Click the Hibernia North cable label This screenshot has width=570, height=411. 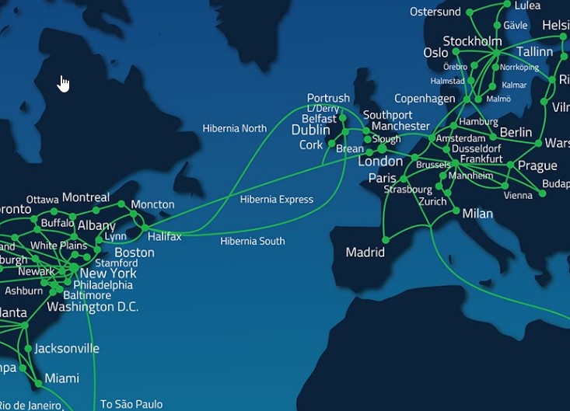(234, 129)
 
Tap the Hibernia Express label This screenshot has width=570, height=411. (276, 200)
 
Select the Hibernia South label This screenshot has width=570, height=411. (252, 242)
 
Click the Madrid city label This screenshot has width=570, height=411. (365, 253)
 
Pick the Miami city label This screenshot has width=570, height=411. (61, 378)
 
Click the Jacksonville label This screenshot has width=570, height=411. (67, 349)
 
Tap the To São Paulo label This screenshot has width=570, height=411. (131, 404)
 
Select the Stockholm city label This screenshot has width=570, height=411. (472, 41)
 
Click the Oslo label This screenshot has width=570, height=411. (435, 53)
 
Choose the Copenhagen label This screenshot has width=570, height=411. (425, 99)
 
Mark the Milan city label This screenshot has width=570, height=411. (477, 214)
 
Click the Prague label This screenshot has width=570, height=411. (537, 165)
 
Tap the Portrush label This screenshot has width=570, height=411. (328, 98)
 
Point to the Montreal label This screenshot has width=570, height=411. (86, 197)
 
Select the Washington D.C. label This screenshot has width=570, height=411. (92, 307)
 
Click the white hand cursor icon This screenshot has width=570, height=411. (64, 83)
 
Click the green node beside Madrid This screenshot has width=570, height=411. (386, 240)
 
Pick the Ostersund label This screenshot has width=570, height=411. (435, 12)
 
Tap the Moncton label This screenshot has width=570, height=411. (152, 205)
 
